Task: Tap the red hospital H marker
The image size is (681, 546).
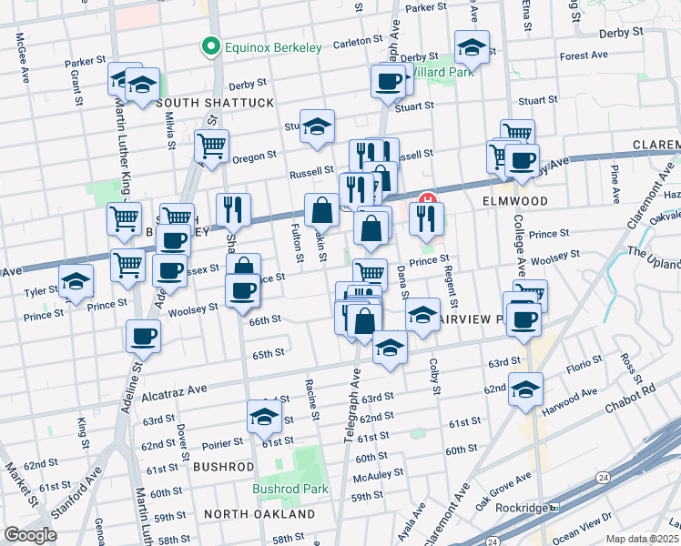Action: [x=425, y=199]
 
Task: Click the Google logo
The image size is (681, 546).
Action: [x=30, y=535]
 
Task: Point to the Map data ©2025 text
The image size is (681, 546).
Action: [x=642, y=539]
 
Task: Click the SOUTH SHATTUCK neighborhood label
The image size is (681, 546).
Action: [x=215, y=104]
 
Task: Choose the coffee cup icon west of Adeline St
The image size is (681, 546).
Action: [x=143, y=336]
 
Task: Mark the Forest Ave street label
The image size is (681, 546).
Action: [x=584, y=56]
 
